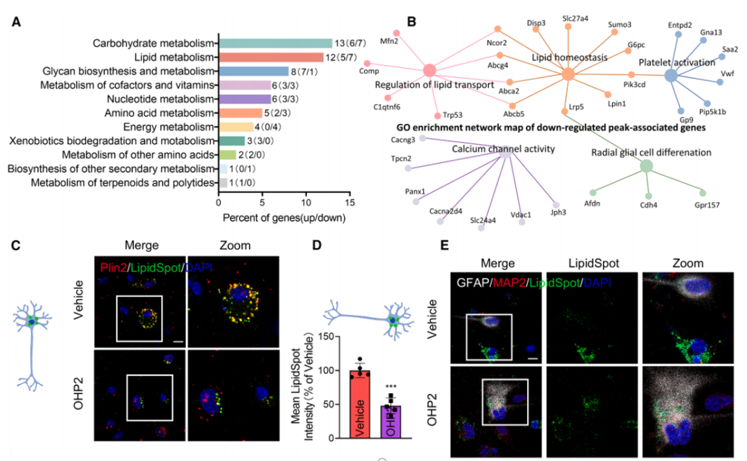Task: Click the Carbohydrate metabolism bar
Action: click(275, 44)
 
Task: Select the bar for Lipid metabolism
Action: click(271, 57)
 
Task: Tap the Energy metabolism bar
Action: click(237, 127)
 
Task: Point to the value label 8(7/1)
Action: click(304, 71)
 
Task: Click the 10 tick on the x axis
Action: click(306, 202)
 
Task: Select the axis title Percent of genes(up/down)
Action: click(284, 218)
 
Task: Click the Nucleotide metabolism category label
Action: click(160, 99)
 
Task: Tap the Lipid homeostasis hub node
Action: click(568, 74)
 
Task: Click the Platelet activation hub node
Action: click(671, 75)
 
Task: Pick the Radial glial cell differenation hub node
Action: click(646, 166)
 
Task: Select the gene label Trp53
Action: click(452, 115)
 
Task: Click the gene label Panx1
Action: click(415, 191)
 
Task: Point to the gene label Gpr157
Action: click(707, 205)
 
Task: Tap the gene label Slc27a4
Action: click(575, 19)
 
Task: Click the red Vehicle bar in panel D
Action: click(360, 404)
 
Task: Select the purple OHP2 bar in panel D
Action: click(391, 422)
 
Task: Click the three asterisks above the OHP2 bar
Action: click(391, 387)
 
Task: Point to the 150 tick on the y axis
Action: click(326, 336)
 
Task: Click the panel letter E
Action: click(445, 245)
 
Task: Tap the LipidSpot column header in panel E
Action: click(593, 263)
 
